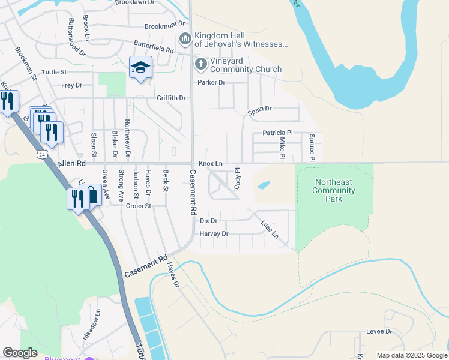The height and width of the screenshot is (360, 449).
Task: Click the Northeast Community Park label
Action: (x=334, y=190)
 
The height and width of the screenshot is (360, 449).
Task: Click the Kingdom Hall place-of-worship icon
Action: (x=185, y=38)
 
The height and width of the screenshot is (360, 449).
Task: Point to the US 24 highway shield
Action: (x=41, y=154)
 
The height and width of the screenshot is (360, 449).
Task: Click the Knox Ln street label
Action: (x=211, y=164)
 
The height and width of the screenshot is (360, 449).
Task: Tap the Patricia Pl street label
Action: (x=277, y=133)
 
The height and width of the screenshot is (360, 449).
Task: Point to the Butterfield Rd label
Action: (x=154, y=47)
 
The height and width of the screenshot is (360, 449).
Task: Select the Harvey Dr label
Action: (x=214, y=233)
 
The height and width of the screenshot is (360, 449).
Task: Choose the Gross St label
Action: (x=139, y=206)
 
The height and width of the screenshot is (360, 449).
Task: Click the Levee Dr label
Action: (x=379, y=331)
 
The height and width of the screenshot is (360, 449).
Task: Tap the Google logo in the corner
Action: (x=20, y=353)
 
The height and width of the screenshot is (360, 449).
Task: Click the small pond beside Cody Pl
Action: (x=264, y=185)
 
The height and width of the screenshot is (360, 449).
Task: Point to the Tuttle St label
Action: (x=55, y=72)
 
